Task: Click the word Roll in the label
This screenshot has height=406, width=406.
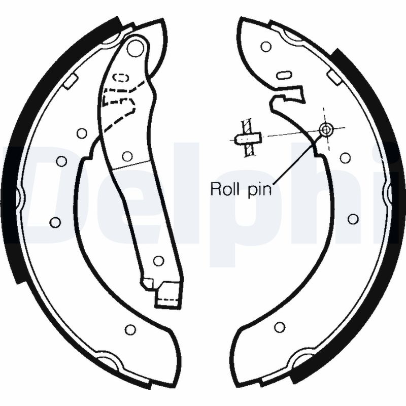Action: coord(226,189)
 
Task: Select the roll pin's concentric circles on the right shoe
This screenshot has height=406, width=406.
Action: coord(325,129)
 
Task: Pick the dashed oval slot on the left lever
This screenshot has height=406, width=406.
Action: coord(121,78)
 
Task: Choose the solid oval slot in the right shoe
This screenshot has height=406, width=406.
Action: coord(285,75)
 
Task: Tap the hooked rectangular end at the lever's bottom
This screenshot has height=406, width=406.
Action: coord(167,295)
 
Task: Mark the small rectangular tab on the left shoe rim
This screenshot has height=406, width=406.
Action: coord(71,81)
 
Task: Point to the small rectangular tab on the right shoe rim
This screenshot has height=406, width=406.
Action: coord(334,77)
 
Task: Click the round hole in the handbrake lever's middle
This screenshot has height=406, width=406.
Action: coord(127,156)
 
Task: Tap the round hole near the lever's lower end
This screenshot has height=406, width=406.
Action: coord(158,260)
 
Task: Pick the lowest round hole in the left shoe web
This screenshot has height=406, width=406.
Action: coord(130,329)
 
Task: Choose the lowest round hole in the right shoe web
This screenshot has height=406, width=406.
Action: coord(280,327)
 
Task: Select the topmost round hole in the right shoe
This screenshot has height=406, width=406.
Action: coord(266,47)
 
